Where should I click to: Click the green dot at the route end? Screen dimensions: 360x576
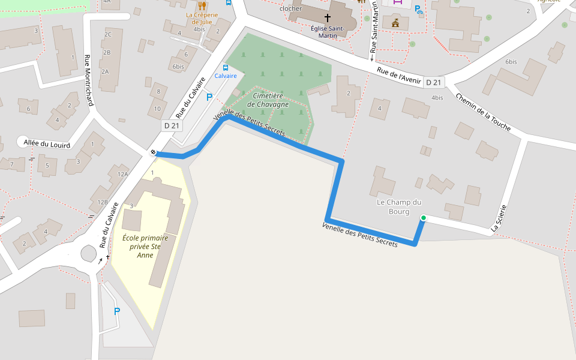[x=423, y=217]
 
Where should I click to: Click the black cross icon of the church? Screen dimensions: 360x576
[x=328, y=18]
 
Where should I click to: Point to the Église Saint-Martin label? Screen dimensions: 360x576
[x=328, y=31]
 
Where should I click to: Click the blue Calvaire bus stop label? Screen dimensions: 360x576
[x=226, y=76]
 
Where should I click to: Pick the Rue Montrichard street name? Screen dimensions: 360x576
[x=89, y=80]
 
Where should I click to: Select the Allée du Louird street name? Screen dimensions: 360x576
[x=47, y=144]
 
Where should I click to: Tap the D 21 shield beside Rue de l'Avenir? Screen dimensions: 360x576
[x=433, y=82]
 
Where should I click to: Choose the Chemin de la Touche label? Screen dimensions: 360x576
[x=482, y=112]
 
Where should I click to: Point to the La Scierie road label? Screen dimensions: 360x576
[x=499, y=218]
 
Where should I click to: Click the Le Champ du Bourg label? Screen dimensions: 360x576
[x=399, y=206]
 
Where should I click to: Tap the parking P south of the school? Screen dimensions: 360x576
[x=117, y=311]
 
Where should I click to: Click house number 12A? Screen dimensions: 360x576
[x=122, y=174]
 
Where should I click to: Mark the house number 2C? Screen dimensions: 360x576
[x=107, y=34]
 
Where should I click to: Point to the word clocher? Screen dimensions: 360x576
[x=290, y=9]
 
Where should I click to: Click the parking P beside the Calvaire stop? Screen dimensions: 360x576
[x=209, y=97]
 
